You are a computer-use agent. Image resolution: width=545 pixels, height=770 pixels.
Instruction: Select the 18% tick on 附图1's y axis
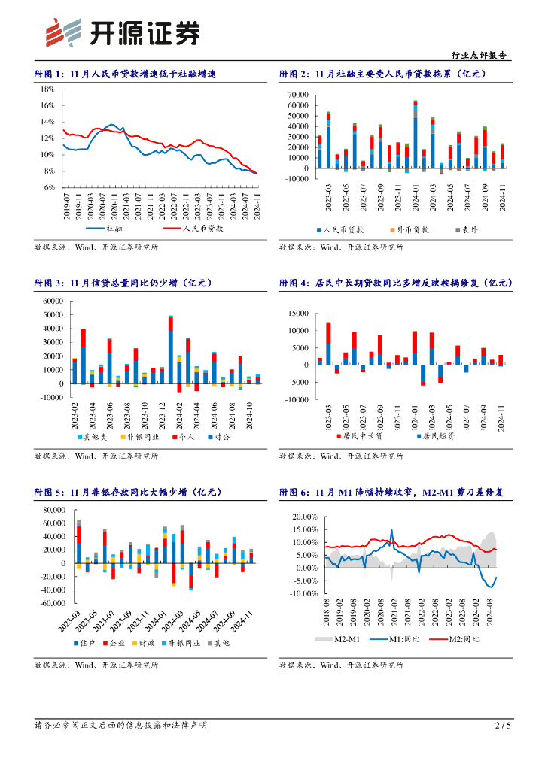pyautogui.click(x=48, y=89)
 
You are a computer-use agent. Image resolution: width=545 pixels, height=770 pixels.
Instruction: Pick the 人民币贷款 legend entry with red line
pyautogui.click(x=182, y=226)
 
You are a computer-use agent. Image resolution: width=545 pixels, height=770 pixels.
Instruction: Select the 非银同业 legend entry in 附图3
pyautogui.click(x=139, y=436)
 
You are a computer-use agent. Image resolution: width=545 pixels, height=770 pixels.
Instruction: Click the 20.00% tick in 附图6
pyautogui.click(x=303, y=517)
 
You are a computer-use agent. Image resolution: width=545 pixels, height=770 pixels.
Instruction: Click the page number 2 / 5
pyautogui.click(x=503, y=725)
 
